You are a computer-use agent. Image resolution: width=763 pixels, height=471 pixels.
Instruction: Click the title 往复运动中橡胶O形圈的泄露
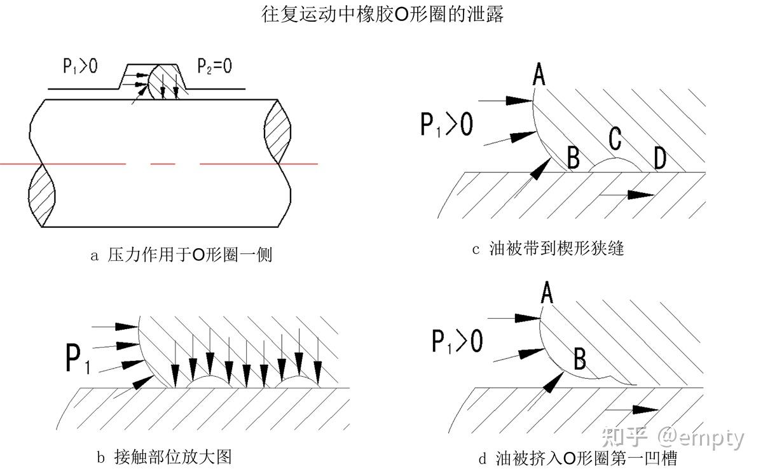tap(382, 15)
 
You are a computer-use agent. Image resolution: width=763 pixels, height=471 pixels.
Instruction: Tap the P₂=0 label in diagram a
tap(215, 66)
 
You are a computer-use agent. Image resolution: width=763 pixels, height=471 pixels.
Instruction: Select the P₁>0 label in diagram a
tap(80, 66)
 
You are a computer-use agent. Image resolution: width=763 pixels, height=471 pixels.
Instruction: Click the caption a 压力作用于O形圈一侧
tap(181, 255)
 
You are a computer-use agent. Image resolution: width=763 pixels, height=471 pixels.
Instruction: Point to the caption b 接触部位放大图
tap(164, 457)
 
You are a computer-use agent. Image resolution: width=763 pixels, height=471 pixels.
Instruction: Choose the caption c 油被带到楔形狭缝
tap(548, 248)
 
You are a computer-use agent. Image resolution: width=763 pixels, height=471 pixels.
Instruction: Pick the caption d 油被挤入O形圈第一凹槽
tap(578, 458)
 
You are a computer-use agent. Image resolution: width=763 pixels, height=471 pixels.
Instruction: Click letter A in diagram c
tap(539, 74)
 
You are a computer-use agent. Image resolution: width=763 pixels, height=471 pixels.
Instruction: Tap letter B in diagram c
tap(574, 157)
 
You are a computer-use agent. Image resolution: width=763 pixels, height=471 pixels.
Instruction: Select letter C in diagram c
tap(615, 139)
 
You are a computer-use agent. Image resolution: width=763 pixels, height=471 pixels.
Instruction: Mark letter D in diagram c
tap(660, 158)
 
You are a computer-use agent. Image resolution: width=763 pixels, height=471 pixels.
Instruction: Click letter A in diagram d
tap(547, 292)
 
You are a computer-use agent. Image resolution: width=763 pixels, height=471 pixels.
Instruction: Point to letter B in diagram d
tap(580, 358)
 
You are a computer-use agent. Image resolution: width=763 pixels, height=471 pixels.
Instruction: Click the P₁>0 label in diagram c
tap(447, 124)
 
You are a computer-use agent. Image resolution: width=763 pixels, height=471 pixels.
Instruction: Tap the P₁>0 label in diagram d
tap(457, 341)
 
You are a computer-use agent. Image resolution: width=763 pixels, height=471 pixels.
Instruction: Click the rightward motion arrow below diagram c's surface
tap(627, 195)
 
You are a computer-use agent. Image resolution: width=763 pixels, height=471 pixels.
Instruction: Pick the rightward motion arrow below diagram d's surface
tap(631, 410)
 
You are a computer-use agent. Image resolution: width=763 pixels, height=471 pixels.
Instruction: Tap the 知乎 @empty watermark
tap(673, 437)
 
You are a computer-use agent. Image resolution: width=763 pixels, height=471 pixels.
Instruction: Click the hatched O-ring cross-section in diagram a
tap(167, 82)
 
